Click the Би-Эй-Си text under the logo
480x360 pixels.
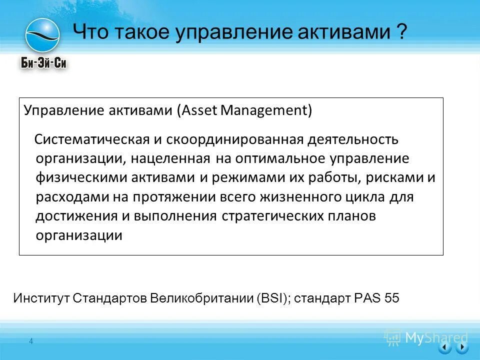(44, 62)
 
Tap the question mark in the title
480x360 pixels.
(401, 33)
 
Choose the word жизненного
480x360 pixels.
(304, 197)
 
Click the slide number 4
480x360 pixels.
(31, 341)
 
